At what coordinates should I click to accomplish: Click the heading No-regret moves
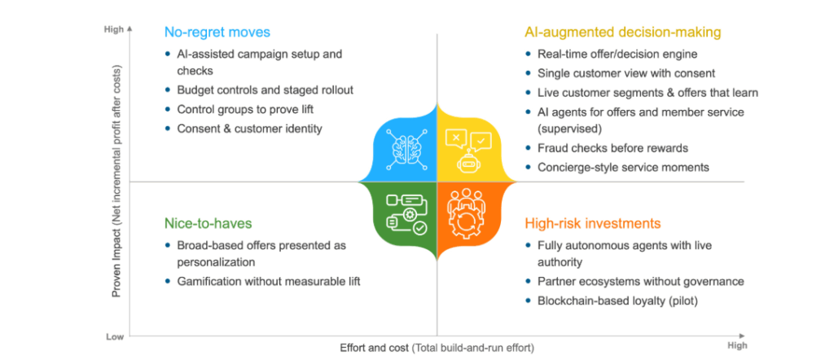217,33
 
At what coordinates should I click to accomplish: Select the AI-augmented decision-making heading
622,33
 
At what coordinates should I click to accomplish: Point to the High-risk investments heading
592,223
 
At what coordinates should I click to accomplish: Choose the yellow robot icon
468,147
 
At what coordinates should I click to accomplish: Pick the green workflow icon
405,213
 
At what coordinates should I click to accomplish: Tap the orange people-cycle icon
468,213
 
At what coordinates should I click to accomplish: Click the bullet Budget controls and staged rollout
265,90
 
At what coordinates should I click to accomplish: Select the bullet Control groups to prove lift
245,109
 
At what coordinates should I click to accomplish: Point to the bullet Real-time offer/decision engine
617,55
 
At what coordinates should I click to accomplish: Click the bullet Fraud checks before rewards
612,148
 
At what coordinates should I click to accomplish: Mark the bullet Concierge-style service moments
623,167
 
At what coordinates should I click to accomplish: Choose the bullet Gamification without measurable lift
268,282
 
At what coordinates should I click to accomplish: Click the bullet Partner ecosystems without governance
640,282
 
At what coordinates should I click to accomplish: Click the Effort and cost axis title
437,349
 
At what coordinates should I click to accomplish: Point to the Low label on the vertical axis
114,336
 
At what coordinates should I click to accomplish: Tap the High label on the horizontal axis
736,345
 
